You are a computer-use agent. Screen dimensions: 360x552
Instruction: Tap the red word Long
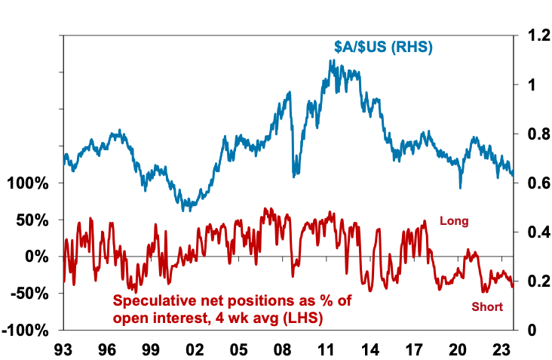(x=454, y=222)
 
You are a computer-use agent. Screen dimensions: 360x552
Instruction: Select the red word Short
(x=487, y=307)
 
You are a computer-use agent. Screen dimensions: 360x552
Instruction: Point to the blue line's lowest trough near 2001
(x=185, y=210)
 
